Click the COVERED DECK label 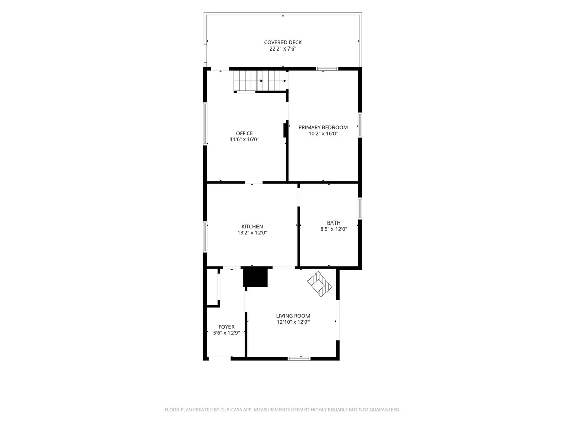click(283, 42)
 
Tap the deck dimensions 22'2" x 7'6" click(283, 48)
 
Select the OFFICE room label click(244, 133)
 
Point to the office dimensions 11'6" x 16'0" click(244, 139)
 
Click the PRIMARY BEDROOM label click(323, 127)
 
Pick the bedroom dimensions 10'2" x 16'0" click(323, 133)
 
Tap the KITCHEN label click(252, 227)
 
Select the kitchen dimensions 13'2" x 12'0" click(252, 233)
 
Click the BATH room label click(333, 223)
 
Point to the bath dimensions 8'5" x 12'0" click(333, 229)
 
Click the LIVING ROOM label click(293, 316)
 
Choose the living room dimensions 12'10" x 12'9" click(293, 322)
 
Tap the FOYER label click(226, 327)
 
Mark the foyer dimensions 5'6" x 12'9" click(226, 333)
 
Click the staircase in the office click(260, 81)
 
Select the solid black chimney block click(255, 277)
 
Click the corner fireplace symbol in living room click(320, 284)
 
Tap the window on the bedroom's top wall click(327, 69)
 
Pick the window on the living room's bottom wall click(299, 358)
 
